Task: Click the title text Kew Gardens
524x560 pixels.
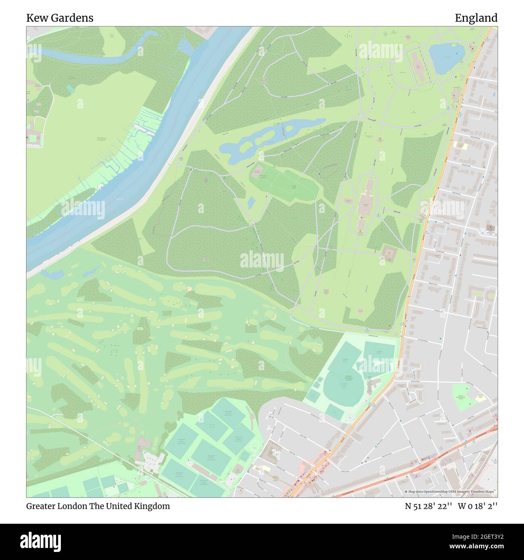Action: coord(60,18)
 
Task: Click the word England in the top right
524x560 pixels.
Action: coord(476,18)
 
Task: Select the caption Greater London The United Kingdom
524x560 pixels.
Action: coord(98,506)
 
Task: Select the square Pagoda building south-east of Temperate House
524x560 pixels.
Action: coord(389,253)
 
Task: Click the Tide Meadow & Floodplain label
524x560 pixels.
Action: coord(101,139)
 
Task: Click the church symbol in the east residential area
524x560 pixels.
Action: coord(491,228)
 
